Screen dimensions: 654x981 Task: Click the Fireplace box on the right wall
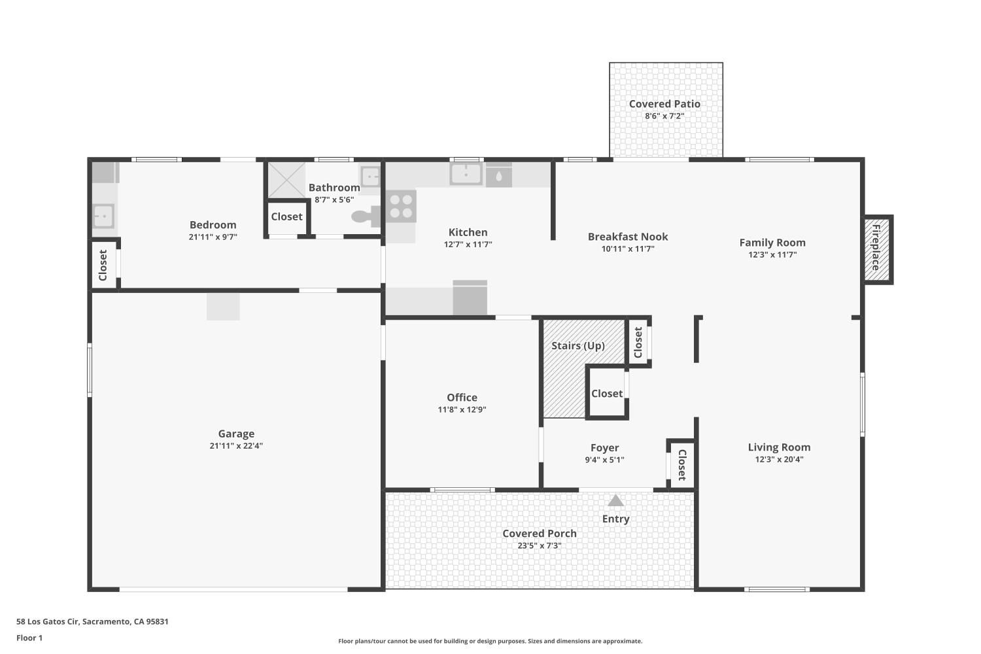pos(878,249)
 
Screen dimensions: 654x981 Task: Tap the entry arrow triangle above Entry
pos(615,501)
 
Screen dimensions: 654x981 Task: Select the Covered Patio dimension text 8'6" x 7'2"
pos(664,116)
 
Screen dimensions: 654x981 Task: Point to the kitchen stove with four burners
pos(401,205)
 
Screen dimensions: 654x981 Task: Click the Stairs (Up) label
pos(577,345)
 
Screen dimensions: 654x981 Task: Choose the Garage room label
pos(236,434)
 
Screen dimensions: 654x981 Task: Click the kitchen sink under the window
pos(466,174)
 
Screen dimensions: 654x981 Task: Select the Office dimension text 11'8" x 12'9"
pos(462,410)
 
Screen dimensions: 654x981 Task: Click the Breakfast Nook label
pos(628,237)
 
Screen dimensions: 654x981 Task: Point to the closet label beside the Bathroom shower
pos(286,217)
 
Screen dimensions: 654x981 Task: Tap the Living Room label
pos(779,447)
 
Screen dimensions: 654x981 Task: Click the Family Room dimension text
pos(772,255)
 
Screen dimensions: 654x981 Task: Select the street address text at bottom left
pos(92,621)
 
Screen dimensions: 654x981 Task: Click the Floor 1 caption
pos(29,638)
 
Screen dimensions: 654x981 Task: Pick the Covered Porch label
pos(540,534)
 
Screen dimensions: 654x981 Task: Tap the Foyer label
pos(604,448)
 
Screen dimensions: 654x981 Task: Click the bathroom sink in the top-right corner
pos(370,176)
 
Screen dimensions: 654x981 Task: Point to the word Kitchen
pos(468,232)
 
